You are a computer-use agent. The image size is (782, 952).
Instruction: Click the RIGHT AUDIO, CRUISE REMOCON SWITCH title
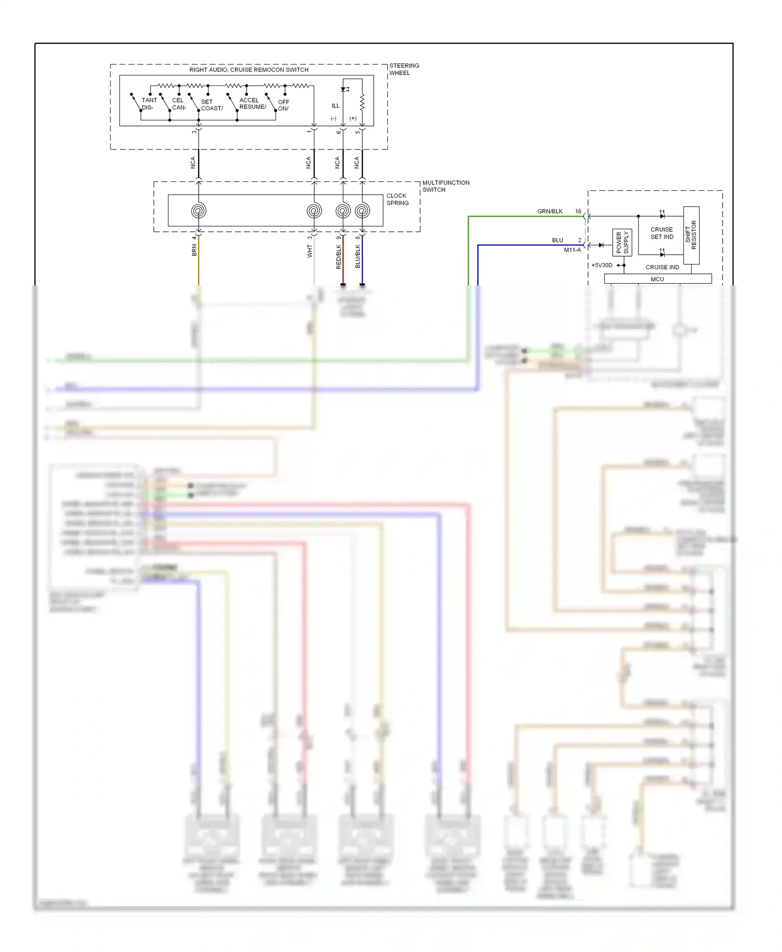[249, 70]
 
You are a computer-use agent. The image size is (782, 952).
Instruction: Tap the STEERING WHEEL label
[404, 69]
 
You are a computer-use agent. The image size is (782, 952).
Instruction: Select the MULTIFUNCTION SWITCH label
[445, 186]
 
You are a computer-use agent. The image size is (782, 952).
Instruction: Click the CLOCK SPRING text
[397, 199]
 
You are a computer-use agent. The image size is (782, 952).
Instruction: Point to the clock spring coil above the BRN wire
[199, 211]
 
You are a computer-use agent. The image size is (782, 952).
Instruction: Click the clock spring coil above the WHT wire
[314, 211]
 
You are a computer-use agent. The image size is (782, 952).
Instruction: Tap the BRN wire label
[194, 250]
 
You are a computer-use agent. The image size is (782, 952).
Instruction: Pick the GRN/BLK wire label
[550, 211]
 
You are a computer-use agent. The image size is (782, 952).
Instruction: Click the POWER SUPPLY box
[622, 243]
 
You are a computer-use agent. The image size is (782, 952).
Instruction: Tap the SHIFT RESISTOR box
[691, 235]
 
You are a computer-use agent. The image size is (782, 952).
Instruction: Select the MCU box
[657, 279]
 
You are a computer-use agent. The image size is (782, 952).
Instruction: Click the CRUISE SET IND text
[662, 233]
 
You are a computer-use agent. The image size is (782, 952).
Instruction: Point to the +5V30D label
[602, 265]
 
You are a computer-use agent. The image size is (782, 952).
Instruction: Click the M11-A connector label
[572, 250]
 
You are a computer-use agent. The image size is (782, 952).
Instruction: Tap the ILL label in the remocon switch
[335, 106]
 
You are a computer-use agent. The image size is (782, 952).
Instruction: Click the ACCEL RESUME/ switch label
[252, 104]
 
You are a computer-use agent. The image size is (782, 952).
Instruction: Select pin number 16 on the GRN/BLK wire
[578, 211]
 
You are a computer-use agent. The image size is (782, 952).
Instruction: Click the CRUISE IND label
[662, 267]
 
